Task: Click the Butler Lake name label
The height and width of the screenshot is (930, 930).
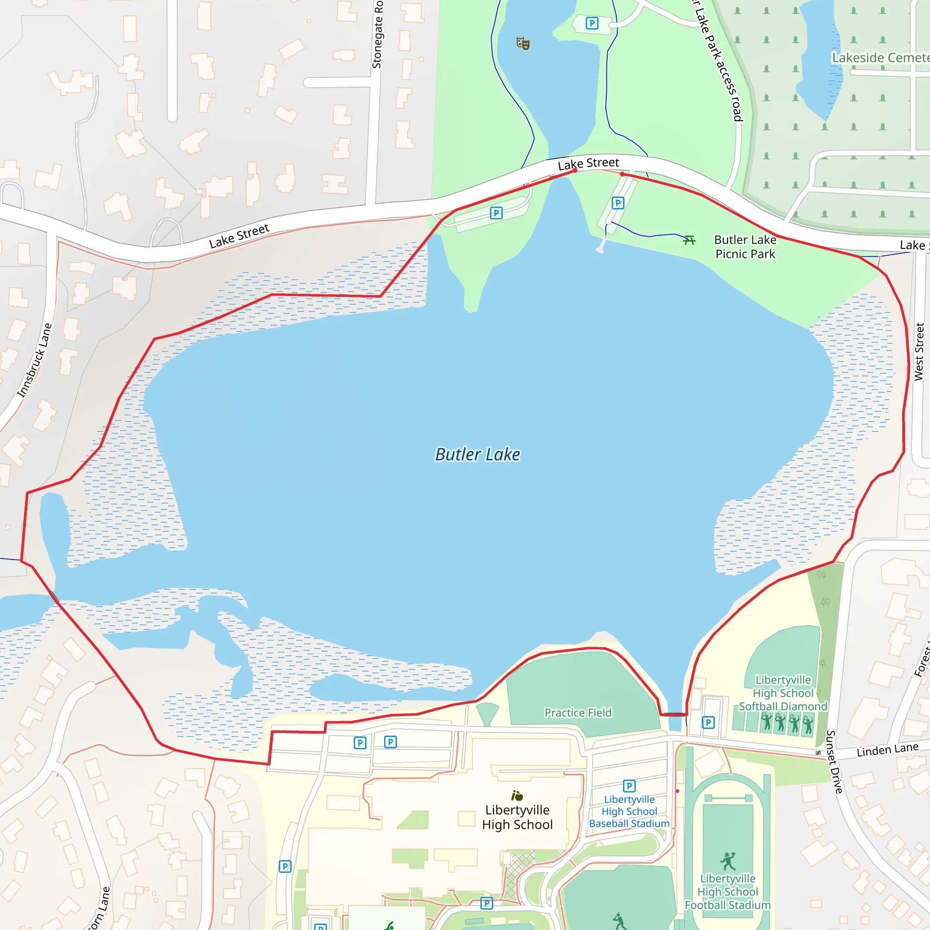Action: coord(478,455)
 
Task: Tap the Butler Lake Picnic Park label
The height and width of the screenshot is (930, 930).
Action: coord(745,247)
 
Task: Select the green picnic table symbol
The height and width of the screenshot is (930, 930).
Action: coord(689,240)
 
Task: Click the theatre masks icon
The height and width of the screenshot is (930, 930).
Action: coord(523,44)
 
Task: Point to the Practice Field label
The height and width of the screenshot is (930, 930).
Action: coord(578,712)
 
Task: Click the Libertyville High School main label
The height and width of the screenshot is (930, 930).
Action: coord(518,817)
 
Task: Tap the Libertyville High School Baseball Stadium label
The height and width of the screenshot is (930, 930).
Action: coord(629,811)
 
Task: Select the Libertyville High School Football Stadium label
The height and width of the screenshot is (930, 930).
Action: coord(727,891)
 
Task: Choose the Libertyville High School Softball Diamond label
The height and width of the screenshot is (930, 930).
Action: coord(783,693)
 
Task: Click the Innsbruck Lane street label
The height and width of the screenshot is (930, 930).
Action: coord(35,361)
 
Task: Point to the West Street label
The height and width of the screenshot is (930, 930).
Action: coord(919,352)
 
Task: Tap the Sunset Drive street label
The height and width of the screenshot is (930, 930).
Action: coord(834,762)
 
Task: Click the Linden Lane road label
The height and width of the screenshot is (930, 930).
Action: coord(887,749)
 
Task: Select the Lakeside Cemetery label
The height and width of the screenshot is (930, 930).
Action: coord(881,58)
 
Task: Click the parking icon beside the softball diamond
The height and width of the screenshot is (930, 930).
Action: coord(708,722)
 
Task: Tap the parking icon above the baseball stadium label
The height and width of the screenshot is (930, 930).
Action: coord(629,786)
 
